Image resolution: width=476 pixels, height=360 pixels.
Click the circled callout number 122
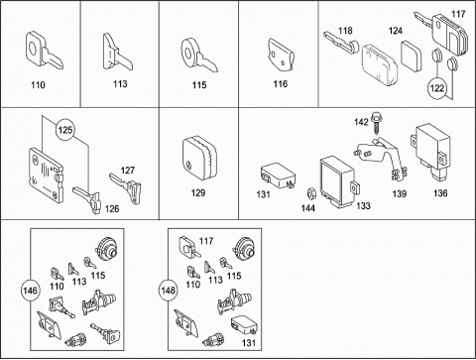437,88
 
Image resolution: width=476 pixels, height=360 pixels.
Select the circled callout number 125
65,130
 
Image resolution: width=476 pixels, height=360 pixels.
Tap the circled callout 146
30,291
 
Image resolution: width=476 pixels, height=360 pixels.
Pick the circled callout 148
168,291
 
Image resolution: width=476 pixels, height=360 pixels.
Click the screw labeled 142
376,122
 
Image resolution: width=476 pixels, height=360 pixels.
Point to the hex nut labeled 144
310,192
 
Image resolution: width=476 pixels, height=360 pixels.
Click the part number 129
198,192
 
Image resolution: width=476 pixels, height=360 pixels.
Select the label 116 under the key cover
281,84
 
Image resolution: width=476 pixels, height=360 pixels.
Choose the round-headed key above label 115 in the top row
197,56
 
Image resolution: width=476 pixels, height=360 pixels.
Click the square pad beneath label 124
412,57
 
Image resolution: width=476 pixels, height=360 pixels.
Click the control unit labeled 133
338,182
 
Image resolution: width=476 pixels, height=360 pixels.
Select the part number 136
440,193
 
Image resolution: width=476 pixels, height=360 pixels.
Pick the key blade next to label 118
341,43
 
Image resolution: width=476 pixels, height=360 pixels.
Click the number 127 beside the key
128,171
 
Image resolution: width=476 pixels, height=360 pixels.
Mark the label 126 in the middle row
112,209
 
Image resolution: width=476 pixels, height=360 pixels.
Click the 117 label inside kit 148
206,241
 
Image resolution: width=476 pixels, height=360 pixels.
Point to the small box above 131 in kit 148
245,326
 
